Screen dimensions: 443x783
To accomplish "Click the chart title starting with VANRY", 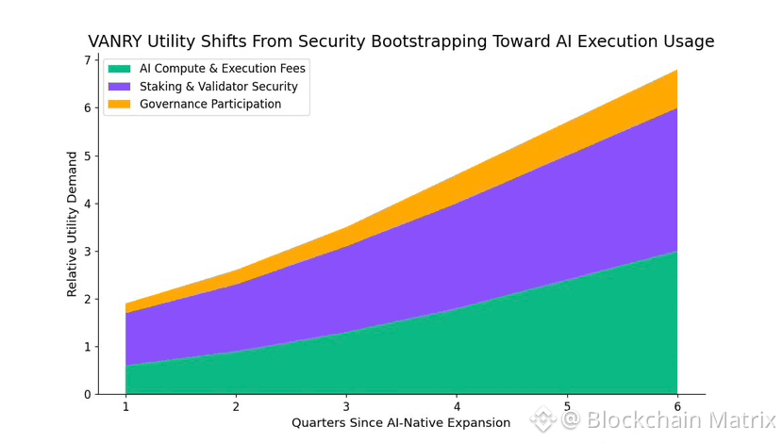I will pos(401,41).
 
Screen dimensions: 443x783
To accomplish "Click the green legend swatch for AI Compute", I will pos(119,69).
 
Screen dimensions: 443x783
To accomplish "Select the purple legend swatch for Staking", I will pos(119,87).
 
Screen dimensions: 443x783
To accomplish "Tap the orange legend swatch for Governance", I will pos(119,105).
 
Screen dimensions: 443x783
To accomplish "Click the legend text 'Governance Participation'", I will pos(210,105).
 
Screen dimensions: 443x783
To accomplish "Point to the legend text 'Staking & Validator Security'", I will pos(219,87).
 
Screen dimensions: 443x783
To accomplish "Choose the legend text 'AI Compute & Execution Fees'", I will pos(223,69).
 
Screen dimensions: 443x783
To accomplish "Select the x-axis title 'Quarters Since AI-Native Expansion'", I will pos(401,423).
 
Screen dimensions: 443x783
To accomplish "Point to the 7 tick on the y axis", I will pos(87,60).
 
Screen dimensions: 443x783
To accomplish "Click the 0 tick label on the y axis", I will pos(87,395).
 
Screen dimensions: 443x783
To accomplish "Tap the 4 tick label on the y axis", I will pos(87,204).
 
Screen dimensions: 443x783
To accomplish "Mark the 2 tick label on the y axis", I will pos(87,300).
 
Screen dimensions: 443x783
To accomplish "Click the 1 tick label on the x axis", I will pos(125,406).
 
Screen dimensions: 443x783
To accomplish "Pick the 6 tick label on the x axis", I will pos(677,406).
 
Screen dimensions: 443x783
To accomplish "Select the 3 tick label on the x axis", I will pos(346,406).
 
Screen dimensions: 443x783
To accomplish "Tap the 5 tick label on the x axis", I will pos(567,406).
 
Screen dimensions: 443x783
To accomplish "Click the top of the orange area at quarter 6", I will pos(676,71).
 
